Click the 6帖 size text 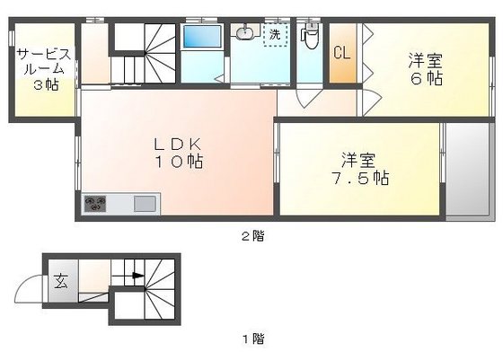(x=427, y=79)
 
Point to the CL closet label (x=341, y=53)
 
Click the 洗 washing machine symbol (x=273, y=35)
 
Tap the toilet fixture (x=310, y=38)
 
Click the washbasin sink (x=243, y=34)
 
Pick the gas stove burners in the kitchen (x=95, y=204)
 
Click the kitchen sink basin (x=144, y=204)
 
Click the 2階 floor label (x=252, y=236)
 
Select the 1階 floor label (x=252, y=338)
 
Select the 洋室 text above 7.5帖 (x=358, y=160)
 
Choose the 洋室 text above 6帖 (x=426, y=61)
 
